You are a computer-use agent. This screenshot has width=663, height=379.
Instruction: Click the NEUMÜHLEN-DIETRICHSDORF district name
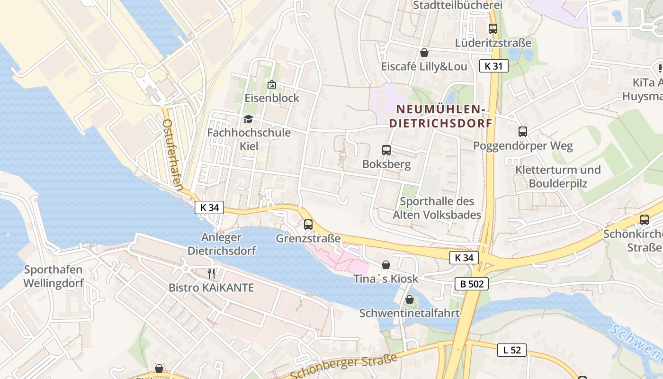(x=441, y=116)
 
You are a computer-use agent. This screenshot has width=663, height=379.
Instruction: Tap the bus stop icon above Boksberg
(x=386, y=150)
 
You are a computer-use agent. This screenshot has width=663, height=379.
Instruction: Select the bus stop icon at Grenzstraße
(x=308, y=224)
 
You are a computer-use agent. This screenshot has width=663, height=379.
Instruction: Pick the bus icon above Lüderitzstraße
(x=493, y=28)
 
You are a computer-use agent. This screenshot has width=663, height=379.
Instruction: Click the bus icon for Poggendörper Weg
(x=523, y=131)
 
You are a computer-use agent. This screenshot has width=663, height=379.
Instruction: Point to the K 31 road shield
(x=493, y=66)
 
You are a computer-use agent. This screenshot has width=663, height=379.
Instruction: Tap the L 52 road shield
(x=512, y=350)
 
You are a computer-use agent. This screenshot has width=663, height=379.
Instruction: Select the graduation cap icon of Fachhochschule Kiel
(x=248, y=119)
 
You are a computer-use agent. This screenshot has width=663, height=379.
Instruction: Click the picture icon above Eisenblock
(x=272, y=84)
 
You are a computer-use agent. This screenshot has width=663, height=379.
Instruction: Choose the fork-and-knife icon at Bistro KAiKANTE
(x=211, y=273)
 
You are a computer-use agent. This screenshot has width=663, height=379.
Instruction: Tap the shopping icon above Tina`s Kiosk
(x=386, y=265)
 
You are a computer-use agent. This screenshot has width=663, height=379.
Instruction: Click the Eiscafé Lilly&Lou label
(x=424, y=66)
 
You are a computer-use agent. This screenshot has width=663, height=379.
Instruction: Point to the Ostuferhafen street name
(x=172, y=154)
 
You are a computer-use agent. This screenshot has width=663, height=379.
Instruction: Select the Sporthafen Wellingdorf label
(x=54, y=276)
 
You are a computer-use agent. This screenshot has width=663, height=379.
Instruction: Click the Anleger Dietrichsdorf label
(x=222, y=244)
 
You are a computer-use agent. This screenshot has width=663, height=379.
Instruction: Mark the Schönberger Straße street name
(x=343, y=366)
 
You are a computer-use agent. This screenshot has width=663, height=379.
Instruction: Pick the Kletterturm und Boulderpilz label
(x=558, y=176)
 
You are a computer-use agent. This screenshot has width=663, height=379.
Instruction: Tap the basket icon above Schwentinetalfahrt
(x=409, y=299)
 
